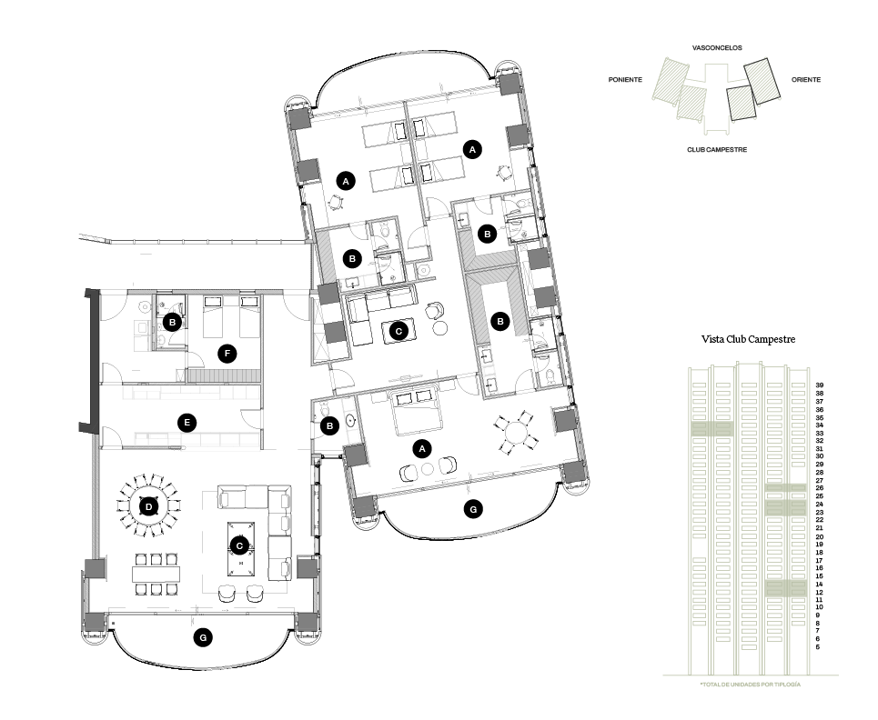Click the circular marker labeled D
148,507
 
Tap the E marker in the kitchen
187,423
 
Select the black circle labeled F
227,354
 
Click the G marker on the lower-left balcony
203,637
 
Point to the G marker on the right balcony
473,509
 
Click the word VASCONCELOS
717,48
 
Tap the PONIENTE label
625,80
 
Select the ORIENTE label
806,80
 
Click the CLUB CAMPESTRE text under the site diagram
717,150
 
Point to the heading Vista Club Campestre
748,339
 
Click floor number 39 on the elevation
820,385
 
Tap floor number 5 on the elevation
818,647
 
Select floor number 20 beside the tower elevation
820,537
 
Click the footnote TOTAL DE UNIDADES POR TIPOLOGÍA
751,685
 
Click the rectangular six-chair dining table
156,574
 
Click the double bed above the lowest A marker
417,413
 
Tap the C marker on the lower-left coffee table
239,546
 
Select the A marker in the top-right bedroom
472,150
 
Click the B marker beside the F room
173,322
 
